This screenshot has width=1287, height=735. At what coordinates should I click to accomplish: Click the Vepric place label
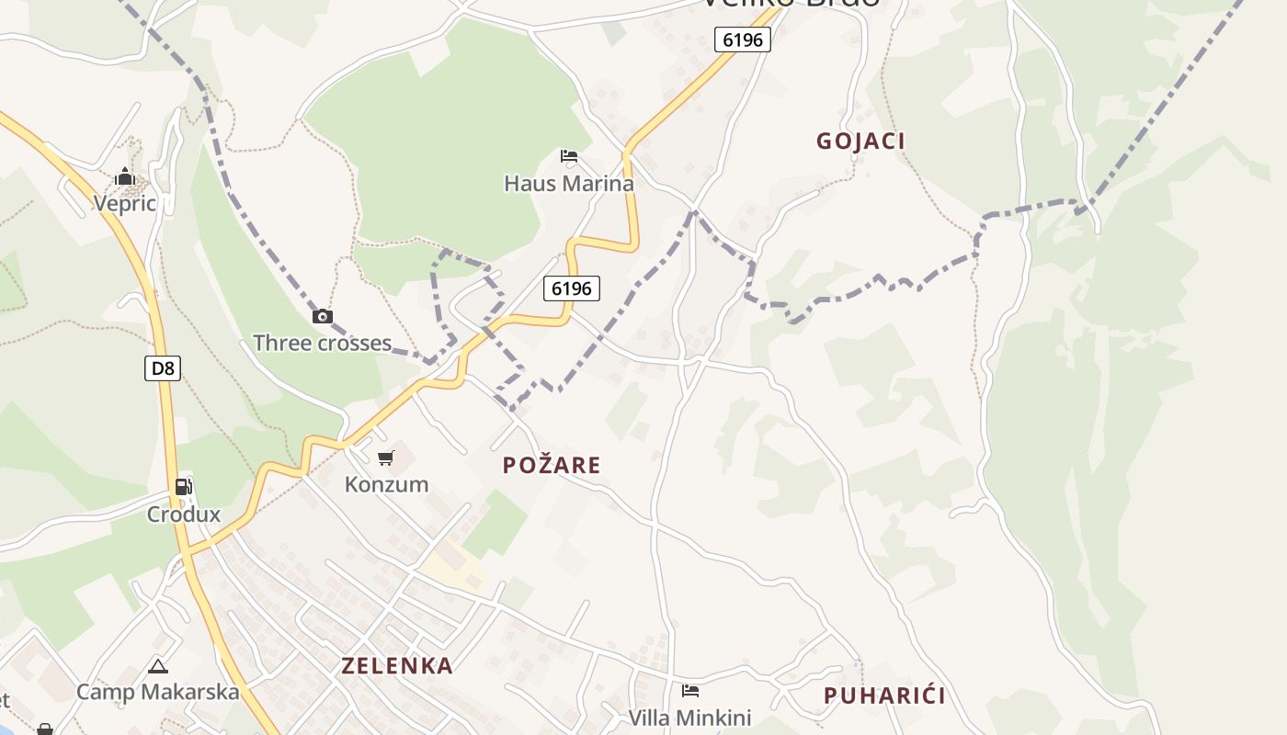[x=125, y=203]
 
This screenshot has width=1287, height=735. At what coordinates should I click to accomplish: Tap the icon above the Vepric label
[x=125, y=177]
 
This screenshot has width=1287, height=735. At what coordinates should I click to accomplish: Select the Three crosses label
[x=322, y=343]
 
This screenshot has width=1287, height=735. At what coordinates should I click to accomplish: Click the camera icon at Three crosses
[x=322, y=317]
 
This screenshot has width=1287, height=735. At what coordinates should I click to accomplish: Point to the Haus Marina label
[x=569, y=183]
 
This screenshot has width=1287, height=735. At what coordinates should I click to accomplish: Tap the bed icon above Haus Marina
[x=569, y=156]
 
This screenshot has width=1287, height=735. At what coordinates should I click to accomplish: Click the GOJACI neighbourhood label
[x=860, y=141]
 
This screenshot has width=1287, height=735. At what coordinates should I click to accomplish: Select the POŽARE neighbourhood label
[x=552, y=465]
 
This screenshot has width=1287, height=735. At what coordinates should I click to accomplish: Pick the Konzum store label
[x=386, y=483]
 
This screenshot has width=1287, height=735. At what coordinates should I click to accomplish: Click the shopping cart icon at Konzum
[x=386, y=458]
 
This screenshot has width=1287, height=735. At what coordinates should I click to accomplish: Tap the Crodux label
[x=184, y=514]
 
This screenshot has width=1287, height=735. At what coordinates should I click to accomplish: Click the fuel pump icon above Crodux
[x=184, y=487]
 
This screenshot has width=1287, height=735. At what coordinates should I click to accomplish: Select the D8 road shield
[x=163, y=368]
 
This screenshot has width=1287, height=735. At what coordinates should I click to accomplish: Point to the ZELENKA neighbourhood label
[x=397, y=665]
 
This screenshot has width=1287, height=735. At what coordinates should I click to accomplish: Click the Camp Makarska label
[x=158, y=691]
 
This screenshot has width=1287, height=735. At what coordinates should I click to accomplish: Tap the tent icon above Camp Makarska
[x=158, y=666]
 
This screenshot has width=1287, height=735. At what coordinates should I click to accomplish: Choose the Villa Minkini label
[x=689, y=717]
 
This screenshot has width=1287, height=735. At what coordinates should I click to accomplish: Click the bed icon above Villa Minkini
[x=690, y=691]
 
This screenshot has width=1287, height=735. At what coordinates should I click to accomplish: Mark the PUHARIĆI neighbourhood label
[x=884, y=695]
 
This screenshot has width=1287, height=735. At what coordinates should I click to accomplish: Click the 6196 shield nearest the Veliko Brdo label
[x=742, y=40]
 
